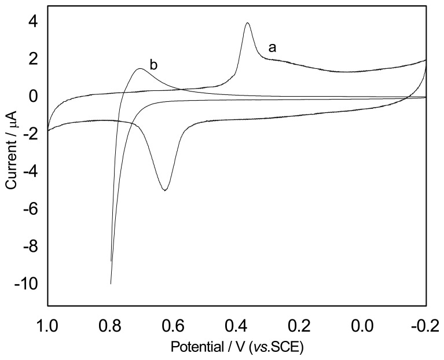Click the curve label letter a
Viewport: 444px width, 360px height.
(271, 48)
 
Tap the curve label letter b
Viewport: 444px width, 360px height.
(153, 65)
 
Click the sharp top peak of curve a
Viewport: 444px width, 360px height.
(248, 23)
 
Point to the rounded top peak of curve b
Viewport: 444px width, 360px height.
(140, 69)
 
